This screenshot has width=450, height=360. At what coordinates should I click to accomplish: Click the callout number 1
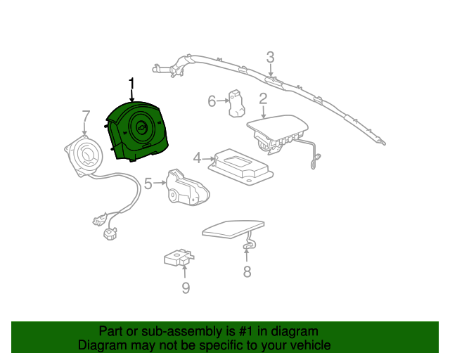(131, 84)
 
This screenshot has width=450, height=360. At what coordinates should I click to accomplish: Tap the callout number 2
(263, 98)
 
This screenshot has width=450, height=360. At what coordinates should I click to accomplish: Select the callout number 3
(270, 58)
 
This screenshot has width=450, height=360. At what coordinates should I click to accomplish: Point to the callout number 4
(197, 158)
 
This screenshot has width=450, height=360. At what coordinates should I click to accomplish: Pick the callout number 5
(148, 184)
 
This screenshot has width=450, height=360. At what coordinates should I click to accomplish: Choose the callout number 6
(212, 101)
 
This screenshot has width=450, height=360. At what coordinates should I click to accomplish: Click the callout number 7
(86, 116)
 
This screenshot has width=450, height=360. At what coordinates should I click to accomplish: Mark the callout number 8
(247, 271)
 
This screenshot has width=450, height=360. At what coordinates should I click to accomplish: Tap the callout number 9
(186, 288)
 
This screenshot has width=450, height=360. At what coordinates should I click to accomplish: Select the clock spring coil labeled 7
(83, 155)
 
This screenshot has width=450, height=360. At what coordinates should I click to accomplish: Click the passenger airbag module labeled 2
(277, 134)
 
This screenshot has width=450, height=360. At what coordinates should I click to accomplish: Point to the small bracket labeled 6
(237, 103)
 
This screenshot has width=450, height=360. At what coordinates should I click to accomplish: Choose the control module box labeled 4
(240, 167)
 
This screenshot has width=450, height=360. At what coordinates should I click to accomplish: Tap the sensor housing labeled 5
(188, 187)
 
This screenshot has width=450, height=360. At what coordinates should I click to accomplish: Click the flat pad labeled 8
(233, 229)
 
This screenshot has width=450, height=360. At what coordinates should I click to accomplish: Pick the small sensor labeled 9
(179, 257)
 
